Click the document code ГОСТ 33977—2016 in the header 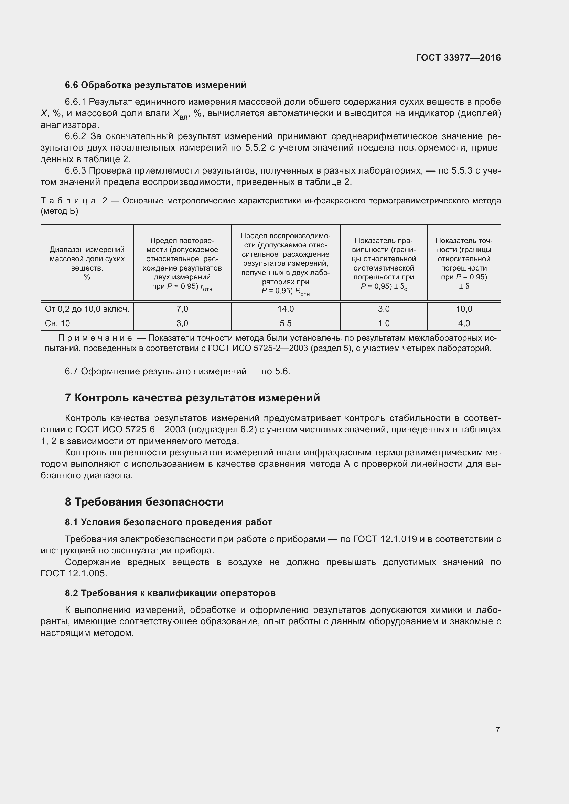pos(458,58)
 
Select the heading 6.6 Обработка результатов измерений pos(155,85)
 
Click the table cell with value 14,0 pos(286,309)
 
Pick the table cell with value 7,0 pos(182,309)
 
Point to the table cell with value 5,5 pos(286,323)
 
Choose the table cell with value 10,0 pos(464,309)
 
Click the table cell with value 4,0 pos(464,323)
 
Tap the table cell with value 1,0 pos(384,323)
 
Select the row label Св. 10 pos(57,323)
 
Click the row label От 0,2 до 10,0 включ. pos(87,309)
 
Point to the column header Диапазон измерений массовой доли pos(87,263)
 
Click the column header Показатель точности pos(464,263)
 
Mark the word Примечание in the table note pos(95,338)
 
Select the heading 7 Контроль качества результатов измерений pos(192,398)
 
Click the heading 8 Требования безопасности pos(144,502)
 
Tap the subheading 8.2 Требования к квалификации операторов pos(170,593)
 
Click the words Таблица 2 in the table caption pos(74,201)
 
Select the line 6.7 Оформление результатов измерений pos(177,371)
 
